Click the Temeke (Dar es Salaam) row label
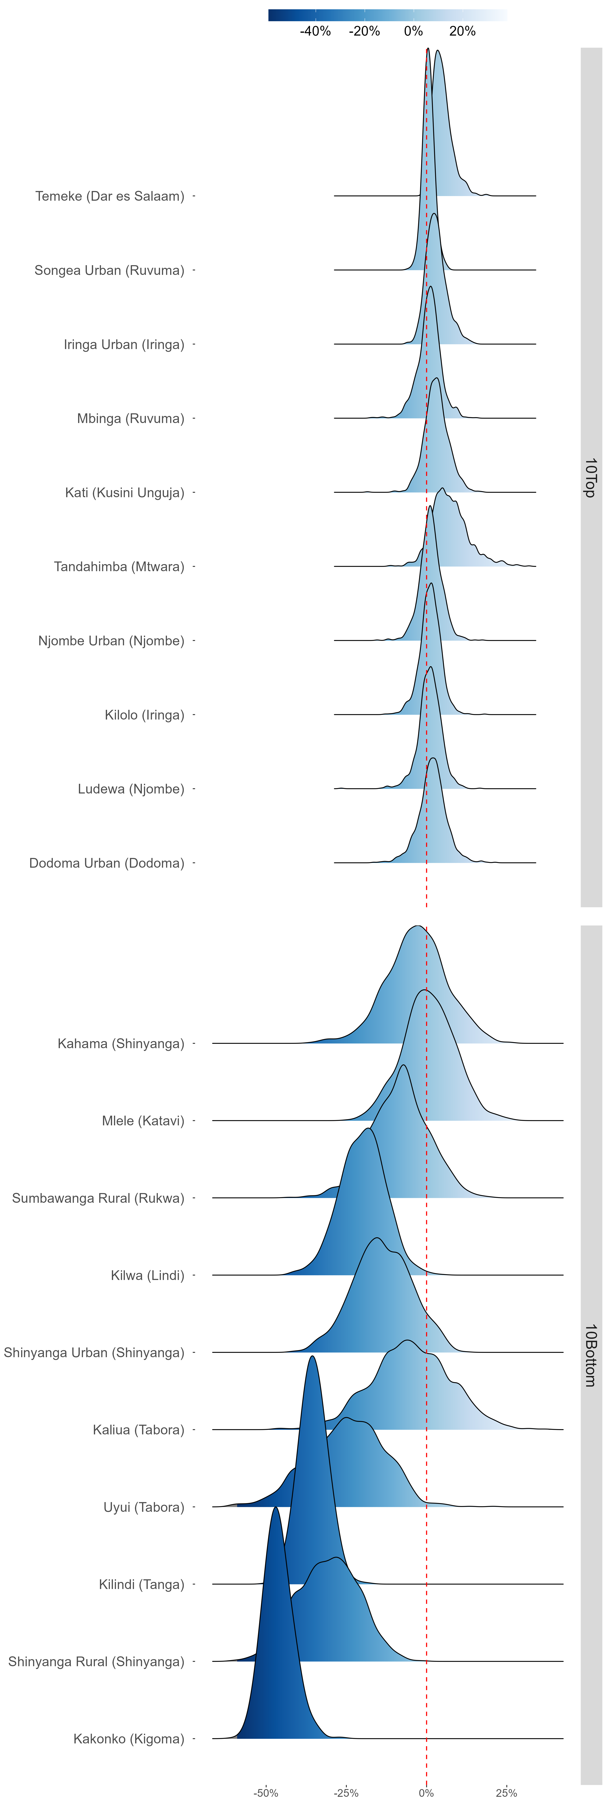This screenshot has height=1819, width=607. [x=109, y=196]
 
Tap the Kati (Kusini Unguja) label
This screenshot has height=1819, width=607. [x=124, y=493]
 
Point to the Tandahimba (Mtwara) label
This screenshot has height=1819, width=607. [x=119, y=567]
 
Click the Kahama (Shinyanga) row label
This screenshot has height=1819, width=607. [x=121, y=1044]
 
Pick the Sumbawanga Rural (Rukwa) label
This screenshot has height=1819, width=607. [x=98, y=1198]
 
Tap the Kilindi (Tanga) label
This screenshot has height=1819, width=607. [x=141, y=1585]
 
